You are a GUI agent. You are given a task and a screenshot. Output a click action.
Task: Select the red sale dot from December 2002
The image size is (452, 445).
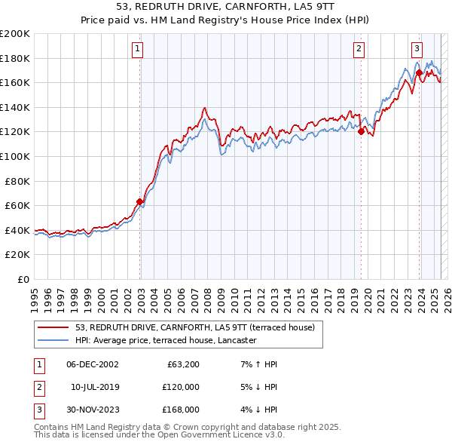139,201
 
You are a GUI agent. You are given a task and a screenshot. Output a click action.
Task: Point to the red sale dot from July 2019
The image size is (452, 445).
361,132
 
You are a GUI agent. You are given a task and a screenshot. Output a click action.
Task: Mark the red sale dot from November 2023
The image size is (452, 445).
418,73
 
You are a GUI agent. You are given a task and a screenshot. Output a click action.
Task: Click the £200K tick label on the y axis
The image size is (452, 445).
15,34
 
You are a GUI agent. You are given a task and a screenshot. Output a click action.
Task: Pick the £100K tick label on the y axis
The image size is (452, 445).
15,156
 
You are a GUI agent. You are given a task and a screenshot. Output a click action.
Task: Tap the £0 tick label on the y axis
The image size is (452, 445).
23,279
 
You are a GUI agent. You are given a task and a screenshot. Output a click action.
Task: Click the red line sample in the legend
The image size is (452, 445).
53,327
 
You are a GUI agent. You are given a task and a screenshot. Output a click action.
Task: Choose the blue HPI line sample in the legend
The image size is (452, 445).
53,340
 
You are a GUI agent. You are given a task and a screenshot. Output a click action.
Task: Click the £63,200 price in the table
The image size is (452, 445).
182,364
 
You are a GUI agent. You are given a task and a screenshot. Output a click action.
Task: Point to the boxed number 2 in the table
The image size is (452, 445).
38,387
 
